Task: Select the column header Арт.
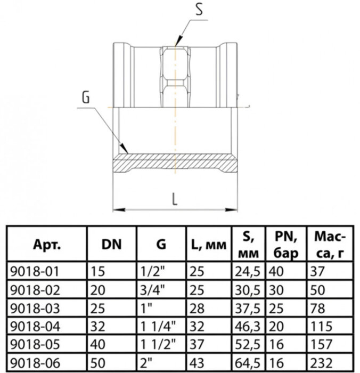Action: [47, 245]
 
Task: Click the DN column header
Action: [111, 245]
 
